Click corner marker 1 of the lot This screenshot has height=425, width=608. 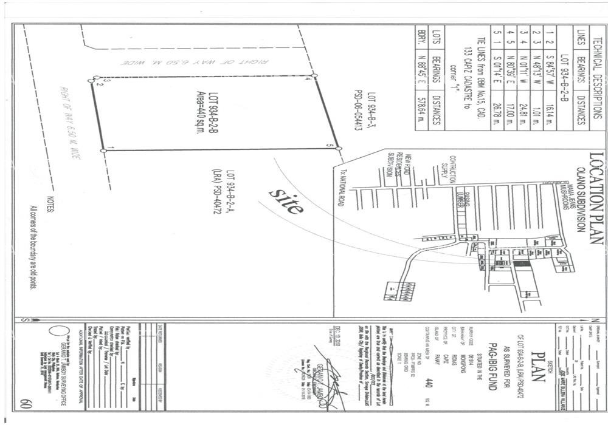point(105,149)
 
